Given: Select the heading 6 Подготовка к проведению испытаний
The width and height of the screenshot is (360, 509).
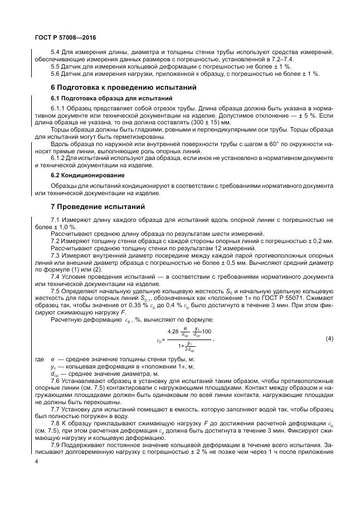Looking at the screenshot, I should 123,88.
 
